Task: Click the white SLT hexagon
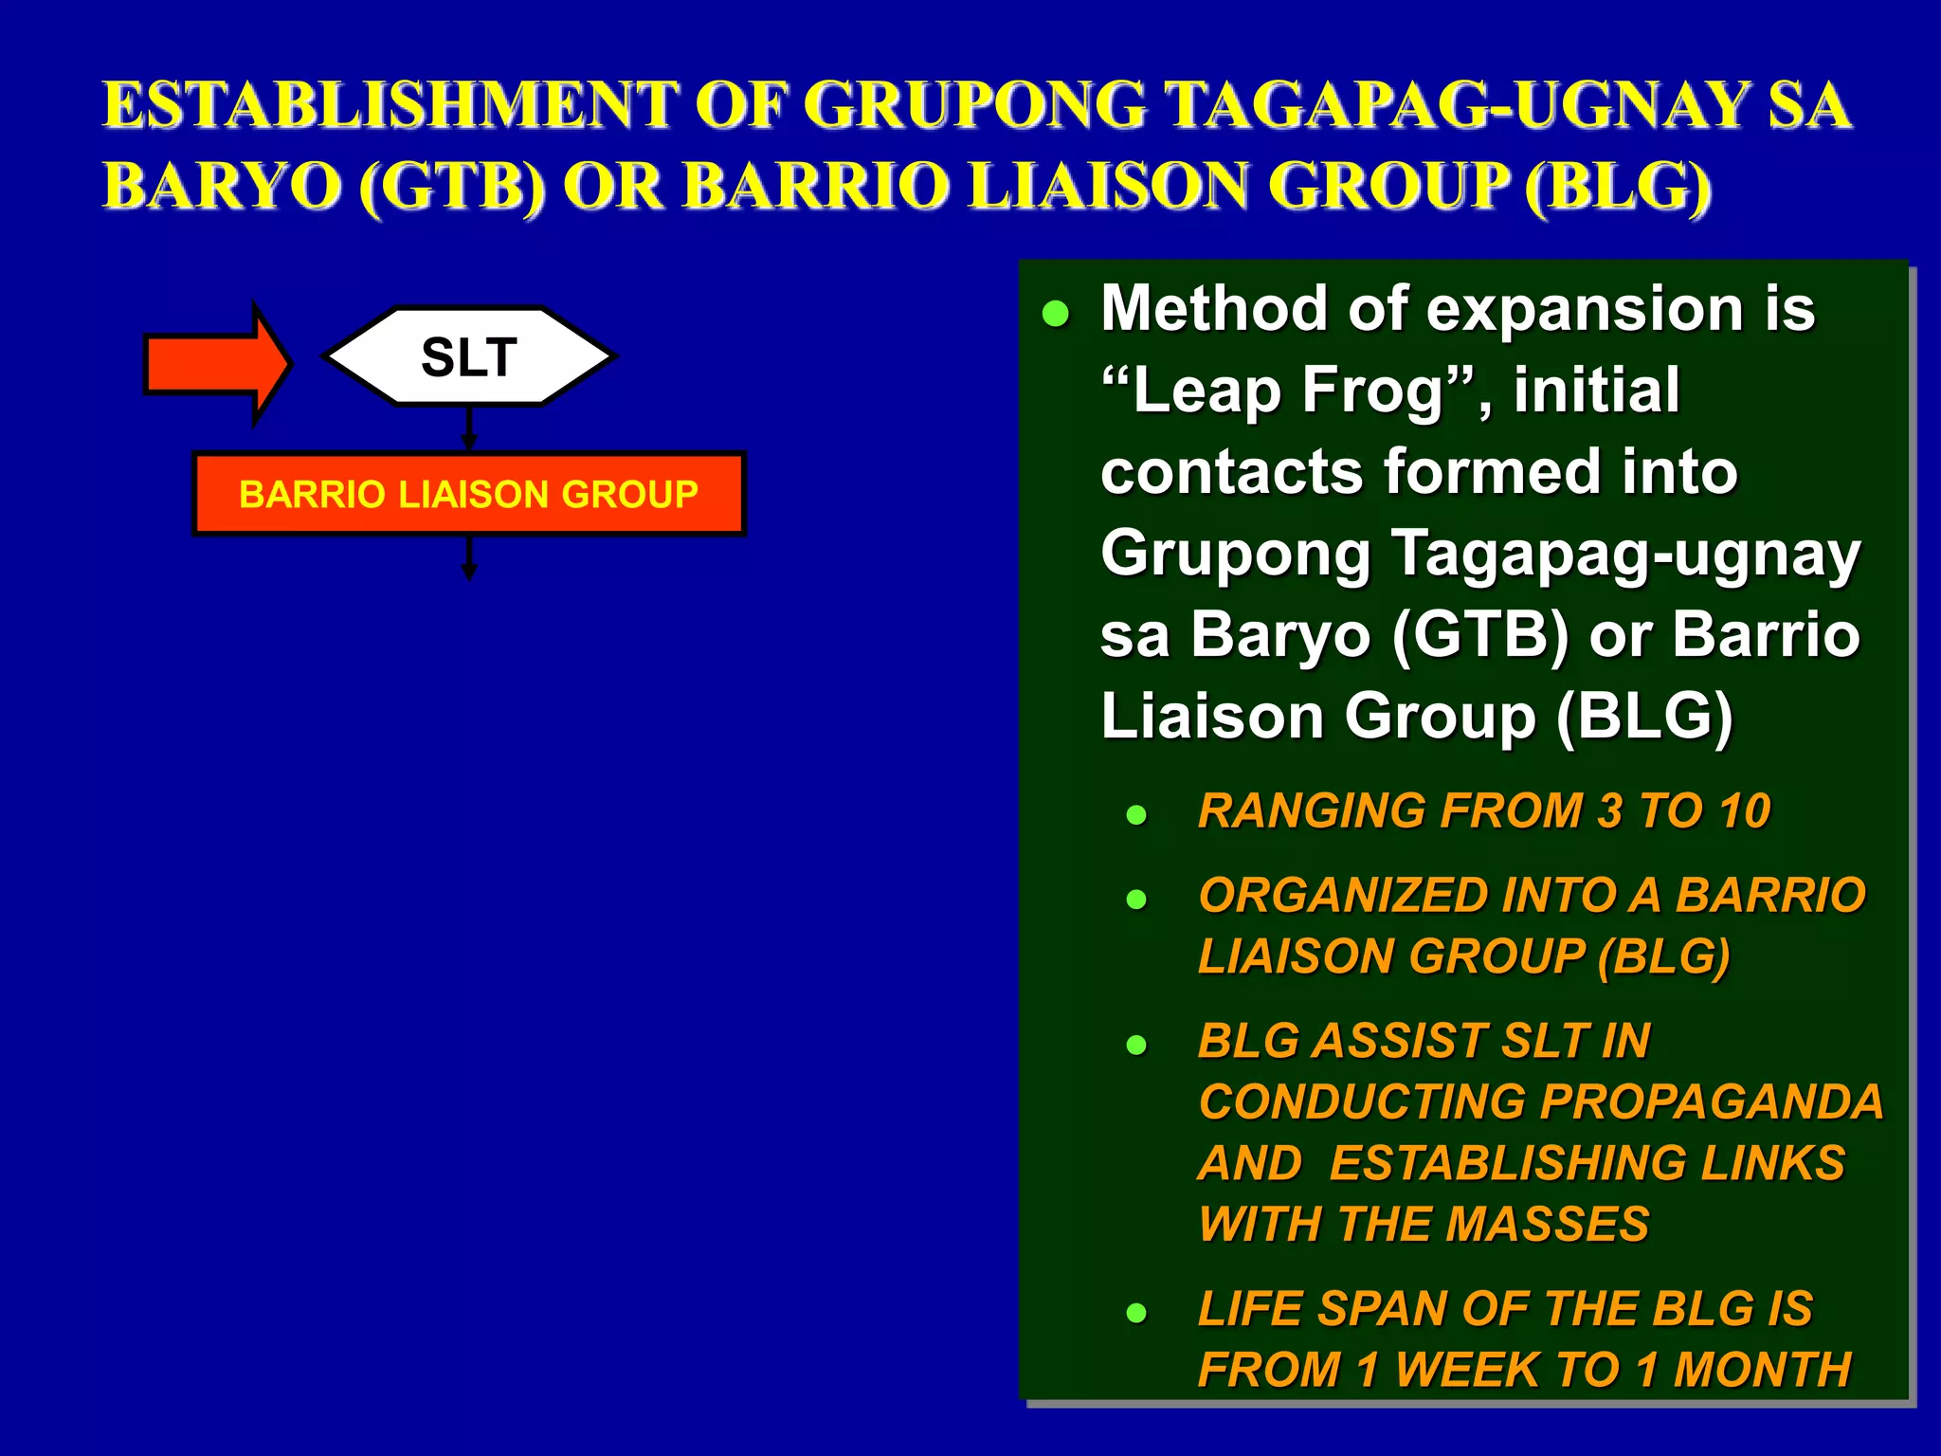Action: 469,357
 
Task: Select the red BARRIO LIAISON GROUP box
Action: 469,494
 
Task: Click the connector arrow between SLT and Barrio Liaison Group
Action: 469,428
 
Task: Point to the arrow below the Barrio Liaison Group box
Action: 469,558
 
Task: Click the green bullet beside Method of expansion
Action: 1055,314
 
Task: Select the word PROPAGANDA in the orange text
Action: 1712,1101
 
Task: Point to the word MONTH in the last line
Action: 1762,1370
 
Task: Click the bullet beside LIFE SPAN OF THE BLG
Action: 1136,1313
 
